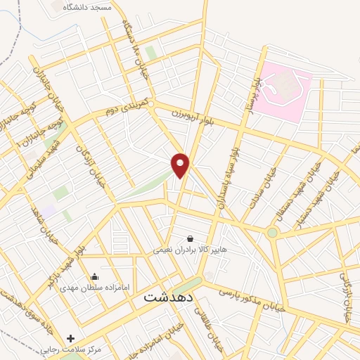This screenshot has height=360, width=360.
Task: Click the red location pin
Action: point(181,165)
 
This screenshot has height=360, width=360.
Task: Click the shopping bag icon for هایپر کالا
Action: point(190,239)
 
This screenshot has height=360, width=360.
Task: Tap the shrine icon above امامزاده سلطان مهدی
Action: point(95,276)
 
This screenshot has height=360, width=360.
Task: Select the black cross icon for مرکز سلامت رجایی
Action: point(70,338)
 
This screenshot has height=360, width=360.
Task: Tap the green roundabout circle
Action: point(272,232)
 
